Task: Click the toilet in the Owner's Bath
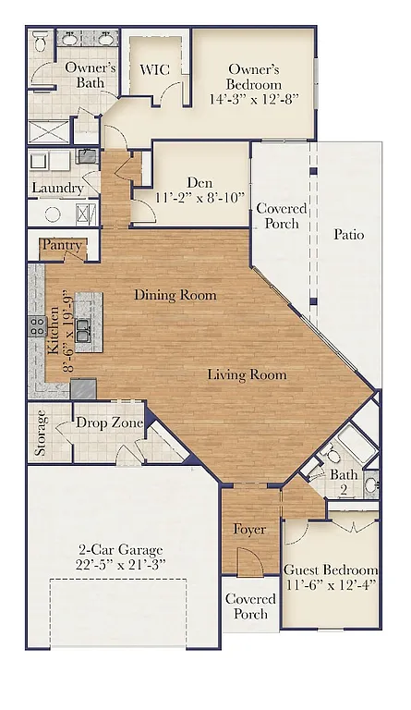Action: pos(40,43)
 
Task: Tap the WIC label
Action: pos(153,69)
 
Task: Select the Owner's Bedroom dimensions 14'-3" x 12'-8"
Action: pos(253,98)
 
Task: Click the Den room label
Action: pos(199,183)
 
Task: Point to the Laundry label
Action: pos(57,188)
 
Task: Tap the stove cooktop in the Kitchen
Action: pos(38,326)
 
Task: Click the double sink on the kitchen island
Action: pos(83,330)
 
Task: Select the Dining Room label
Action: pos(175,295)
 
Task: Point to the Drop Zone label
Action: pos(109,422)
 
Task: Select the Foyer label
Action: pos(248,530)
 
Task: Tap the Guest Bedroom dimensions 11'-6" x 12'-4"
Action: pos(330,586)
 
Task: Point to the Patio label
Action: pos(348,234)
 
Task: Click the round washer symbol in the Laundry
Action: pos(53,214)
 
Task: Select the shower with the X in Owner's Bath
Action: pos(48,130)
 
